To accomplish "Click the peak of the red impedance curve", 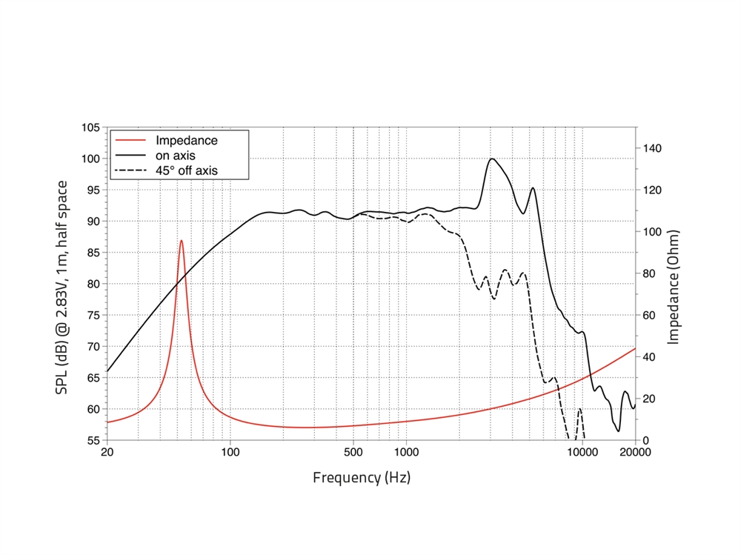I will coord(181,240).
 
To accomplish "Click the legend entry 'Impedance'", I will coord(186,140).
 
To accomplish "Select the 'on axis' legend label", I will coord(175,155).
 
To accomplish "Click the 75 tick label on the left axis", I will coord(92,315).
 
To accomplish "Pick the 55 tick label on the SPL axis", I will coord(92,440).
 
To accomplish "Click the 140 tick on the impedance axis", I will coord(651,149).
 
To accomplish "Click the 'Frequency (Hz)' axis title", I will coord(362,477).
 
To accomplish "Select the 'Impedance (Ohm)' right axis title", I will coord(674,286).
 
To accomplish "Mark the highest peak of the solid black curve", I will coord(491,159).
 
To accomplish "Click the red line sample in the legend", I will coord(130,140).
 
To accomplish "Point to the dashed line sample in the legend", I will coord(130,170).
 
